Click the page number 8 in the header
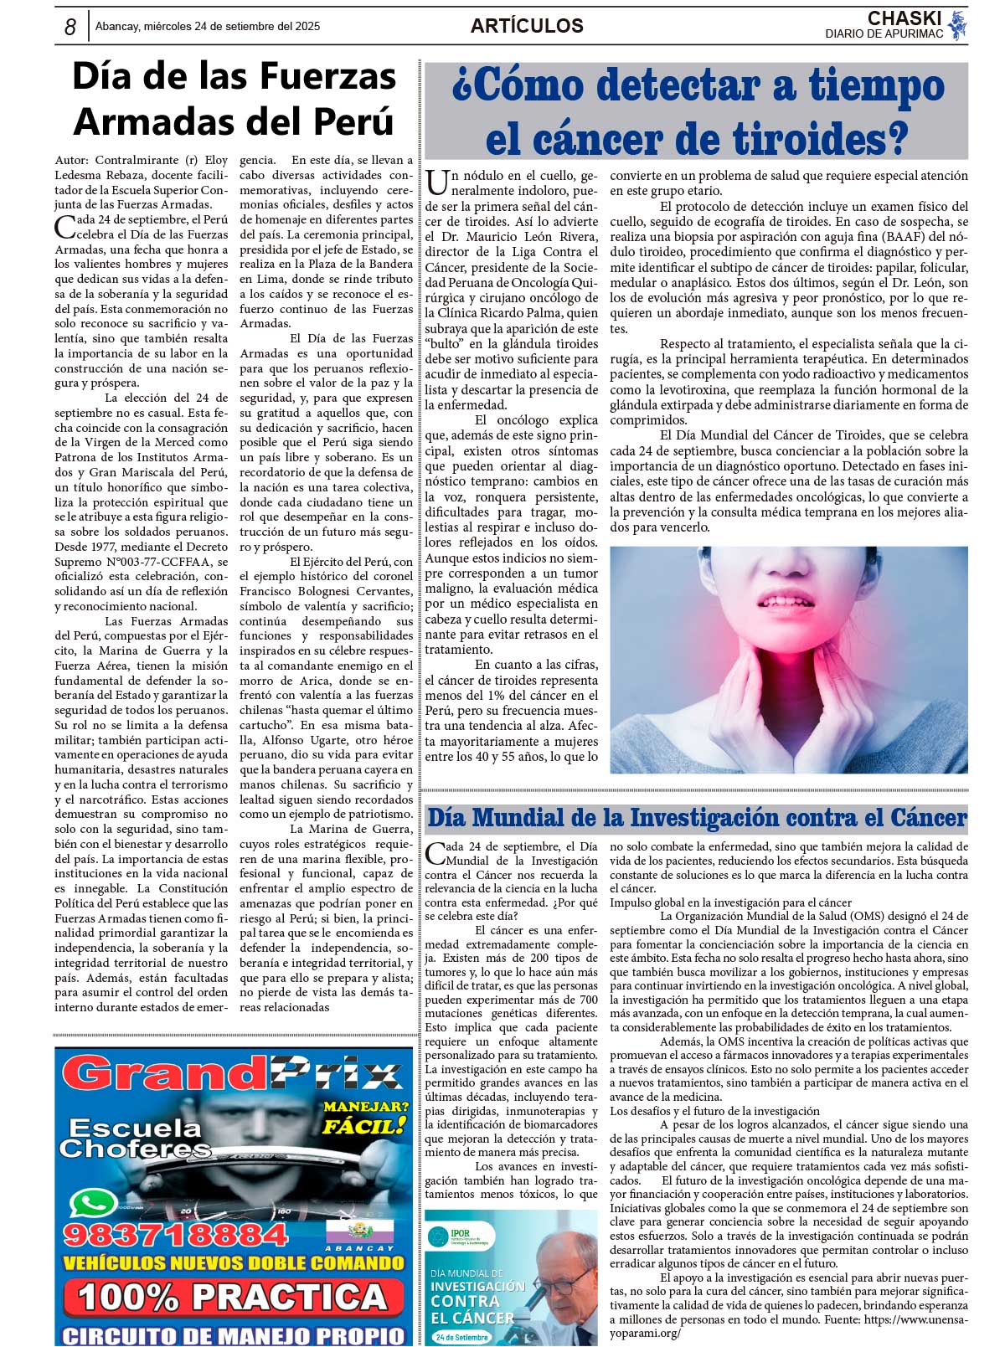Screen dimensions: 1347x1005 pyautogui.click(x=70, y=27)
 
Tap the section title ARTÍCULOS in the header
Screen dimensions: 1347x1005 pyautogui.click(x=527, y=26)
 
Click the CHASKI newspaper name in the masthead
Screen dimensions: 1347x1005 pyautogui.click(x=904, y=18)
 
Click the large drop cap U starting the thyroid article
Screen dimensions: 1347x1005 pyautogui.click(x=435, y=181)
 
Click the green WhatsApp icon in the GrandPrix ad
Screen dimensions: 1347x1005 pyautogui.click(x=93, y=1204)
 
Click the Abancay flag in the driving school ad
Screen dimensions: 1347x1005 pyautogui.click(x=359, y=1231)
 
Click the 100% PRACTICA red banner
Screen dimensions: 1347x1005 pyautogui.click(x=233, y=1297)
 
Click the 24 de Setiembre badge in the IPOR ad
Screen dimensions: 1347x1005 pyautogui.click(x=461, y=1337)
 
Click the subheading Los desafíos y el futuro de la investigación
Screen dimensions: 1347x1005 pyautogui.click(x=714, y=1111)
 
